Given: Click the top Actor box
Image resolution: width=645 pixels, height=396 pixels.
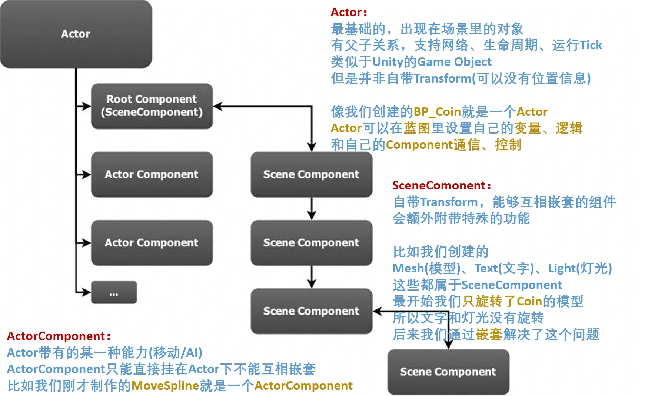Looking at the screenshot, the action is [x=76, y=34].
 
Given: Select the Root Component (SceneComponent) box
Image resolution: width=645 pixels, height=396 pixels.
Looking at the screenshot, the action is [x=152, y=106].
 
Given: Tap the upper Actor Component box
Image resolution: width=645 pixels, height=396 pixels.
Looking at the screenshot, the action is [x=152, y=174].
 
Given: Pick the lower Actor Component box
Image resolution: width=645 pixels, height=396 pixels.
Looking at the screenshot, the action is [x=152, y=243].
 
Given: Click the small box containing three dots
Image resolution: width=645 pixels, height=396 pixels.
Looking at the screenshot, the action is [x=114, y=292].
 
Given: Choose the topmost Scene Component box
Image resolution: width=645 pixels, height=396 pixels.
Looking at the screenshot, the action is [x=312, y=174].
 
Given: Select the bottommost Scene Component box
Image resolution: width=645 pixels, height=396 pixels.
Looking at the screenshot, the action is [x=448, y=372].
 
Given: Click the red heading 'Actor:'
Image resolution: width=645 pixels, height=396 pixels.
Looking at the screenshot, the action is [x=349, y=12].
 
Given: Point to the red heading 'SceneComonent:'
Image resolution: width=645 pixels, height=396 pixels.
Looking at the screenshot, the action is [x=442, y=185].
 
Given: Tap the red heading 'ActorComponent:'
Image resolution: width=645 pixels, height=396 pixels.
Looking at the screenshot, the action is [x=59, y=336].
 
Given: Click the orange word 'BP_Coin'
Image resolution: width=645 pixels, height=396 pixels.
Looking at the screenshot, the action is [x=438, y=112].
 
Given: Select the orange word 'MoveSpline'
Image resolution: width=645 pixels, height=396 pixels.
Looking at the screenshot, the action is [x=165, y=386].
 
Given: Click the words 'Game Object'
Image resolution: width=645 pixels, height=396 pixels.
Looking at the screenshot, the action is [x=455, y=62].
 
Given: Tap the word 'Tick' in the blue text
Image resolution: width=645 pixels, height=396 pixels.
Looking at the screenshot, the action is [x=591, y=45].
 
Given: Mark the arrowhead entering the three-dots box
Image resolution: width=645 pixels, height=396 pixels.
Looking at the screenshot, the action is [x=87, y=292].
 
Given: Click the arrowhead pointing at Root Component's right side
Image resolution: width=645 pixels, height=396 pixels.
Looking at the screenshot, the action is [x=218, y=106].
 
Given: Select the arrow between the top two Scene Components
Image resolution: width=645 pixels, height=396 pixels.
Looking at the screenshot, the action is [x=312, y=209].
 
